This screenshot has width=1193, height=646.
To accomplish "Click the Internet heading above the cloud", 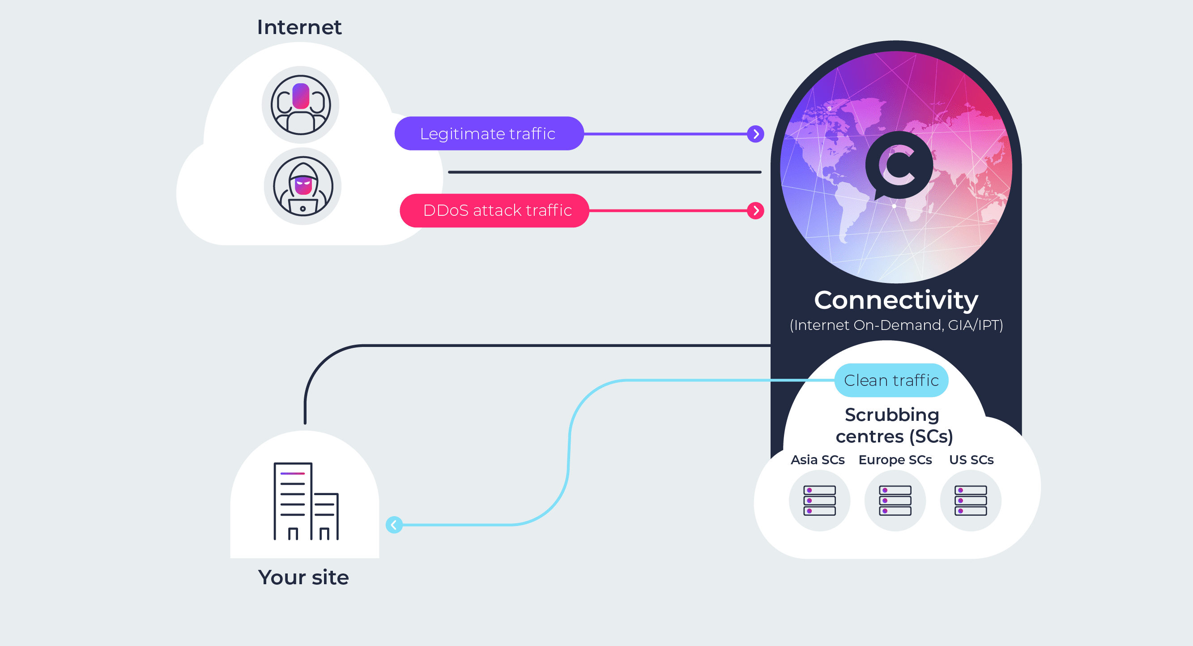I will point(299,27).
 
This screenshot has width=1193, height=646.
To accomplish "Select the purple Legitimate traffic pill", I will point(488,133).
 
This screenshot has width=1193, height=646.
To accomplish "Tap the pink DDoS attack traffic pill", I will point(494,210).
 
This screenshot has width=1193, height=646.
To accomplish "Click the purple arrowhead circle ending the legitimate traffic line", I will point(755,134).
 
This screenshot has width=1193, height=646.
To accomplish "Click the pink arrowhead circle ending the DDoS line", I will point(755,211).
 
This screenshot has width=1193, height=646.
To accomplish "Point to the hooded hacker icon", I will point(303,186).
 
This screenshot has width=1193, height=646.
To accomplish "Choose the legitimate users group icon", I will point(301,105).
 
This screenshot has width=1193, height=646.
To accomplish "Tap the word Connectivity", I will point(896,300).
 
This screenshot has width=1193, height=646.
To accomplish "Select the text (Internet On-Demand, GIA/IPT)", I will point(896,325).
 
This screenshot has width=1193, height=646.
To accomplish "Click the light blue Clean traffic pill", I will point(891,381).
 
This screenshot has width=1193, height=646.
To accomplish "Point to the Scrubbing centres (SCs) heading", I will point(893,425).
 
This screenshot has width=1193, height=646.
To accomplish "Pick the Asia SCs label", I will point(818,460).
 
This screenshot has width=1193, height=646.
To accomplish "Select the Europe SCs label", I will point(895,460).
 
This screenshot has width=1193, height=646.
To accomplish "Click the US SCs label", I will point(971,460).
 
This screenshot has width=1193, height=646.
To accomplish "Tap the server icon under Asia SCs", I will point(819,501).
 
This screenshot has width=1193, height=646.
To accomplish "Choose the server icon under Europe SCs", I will point(895,501).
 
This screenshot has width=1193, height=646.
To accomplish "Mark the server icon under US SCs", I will point(970,501).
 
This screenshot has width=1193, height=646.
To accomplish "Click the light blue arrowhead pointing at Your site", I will point(394,525).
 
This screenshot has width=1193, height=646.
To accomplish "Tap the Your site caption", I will point(303,578).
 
